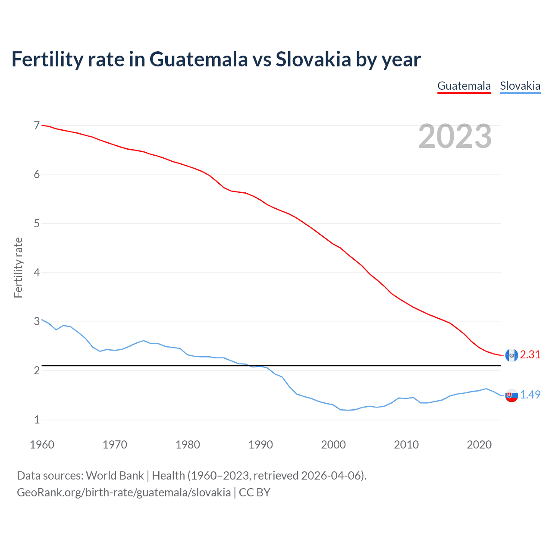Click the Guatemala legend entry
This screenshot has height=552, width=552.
[464, 86]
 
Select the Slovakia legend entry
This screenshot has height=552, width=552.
[520, 86]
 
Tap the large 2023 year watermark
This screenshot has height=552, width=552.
[455, 136]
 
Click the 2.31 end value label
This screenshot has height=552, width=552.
[530, 354]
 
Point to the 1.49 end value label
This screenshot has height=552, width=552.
[530, 395]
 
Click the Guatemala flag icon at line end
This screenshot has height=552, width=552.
[511, 355]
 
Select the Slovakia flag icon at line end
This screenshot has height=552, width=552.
[511, 395]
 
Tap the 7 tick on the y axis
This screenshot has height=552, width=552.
[37, 125]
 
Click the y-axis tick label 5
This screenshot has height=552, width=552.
[37, 223]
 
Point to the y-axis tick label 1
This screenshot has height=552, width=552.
[37, 420]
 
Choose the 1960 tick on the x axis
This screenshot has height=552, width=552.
[42, 445]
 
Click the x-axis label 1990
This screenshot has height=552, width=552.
[260, 445]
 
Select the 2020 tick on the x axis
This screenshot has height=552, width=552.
[479, 445]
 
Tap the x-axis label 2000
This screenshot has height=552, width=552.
[333, 445]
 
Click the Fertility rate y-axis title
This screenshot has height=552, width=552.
[18, 267]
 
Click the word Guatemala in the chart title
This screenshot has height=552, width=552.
[199, 60]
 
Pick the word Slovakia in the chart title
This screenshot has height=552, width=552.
[314, 60]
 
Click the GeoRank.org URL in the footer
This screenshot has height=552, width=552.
[124, 492]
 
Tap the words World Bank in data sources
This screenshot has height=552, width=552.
[115, 476]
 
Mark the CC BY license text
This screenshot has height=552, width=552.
[254, 492]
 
